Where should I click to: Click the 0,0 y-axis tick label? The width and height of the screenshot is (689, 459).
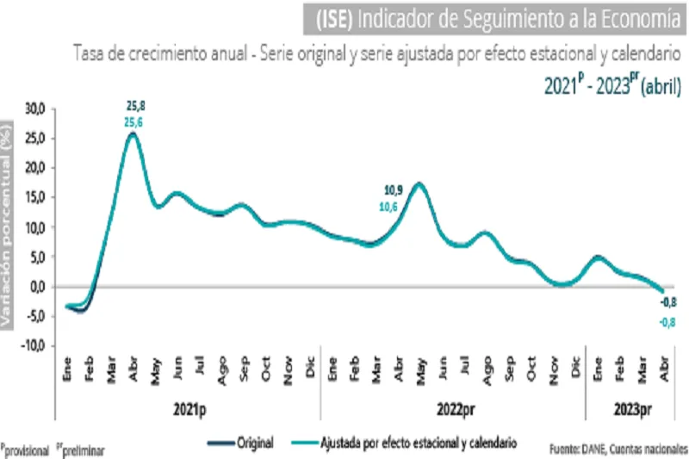click(36, 287)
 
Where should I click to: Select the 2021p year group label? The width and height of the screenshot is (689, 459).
click(188, 410)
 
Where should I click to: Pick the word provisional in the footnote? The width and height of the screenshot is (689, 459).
click(28, 450)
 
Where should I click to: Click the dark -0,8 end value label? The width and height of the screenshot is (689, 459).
click(667, 303)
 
